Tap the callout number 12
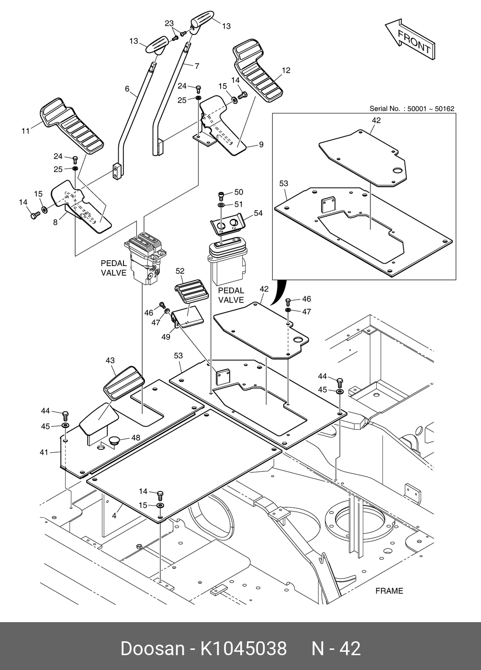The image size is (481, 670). click(x=286, y=71)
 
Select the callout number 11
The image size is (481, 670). click(x=26, y=130)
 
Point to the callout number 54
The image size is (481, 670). click(x=258, y=213)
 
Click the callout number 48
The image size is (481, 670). click(x=136, y=437)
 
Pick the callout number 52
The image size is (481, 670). click(x=180, y=271)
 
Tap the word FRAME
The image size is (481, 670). click(x=389, y=591)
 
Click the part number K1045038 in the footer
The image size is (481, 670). click(x=243, y=648)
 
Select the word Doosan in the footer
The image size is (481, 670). click(x=152, y=648)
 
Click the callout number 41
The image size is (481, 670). click(x=44, y=452)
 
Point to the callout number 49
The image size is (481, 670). click(x=166, y=336)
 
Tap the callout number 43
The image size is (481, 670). click(x=110, y=360)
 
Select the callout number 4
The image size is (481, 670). click(x=114, y=516)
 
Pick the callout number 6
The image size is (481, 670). click(x=127, y=89)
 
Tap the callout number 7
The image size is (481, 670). click(x=197, y=66)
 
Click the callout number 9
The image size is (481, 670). click(x=261, y=144)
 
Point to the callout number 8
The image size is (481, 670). click(x=56, y=222)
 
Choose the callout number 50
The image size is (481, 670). click(x=238, y=192)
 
